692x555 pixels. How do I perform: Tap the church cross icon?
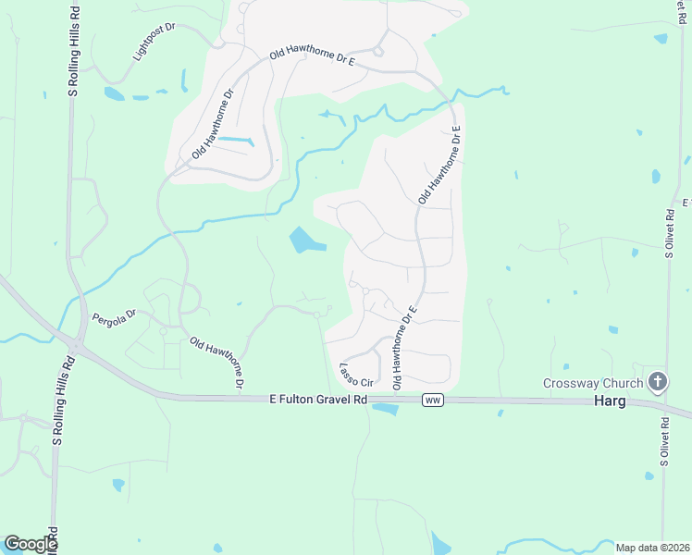click(658, 380)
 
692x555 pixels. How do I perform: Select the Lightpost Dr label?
click(153, 41)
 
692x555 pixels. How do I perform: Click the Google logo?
click(31, 544)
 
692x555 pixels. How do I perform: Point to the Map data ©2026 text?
click(651, 547)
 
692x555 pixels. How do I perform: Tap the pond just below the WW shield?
click(384, 409)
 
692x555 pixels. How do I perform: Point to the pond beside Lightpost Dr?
click(114, 93)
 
